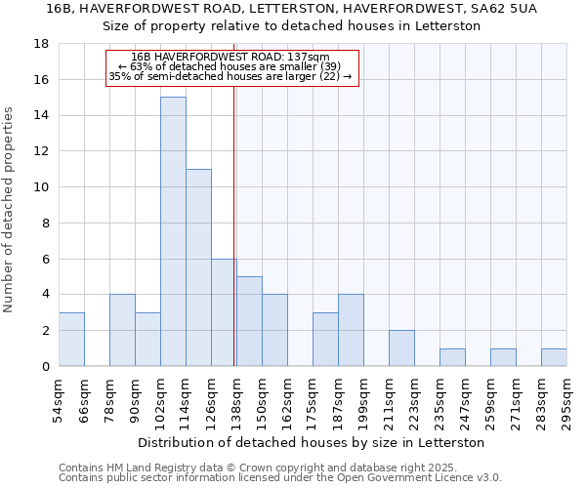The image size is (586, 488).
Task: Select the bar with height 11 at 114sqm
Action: [198, 267]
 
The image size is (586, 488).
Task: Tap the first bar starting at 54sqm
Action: [71, 339]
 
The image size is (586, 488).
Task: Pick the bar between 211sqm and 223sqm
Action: [401, 348]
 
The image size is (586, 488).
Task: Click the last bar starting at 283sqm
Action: [554, 357]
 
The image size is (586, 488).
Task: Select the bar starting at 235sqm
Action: [452, 357]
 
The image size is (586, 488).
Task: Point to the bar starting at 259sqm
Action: [503, 357]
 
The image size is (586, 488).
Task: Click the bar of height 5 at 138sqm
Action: [249, 321]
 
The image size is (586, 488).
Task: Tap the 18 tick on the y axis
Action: [42, 44]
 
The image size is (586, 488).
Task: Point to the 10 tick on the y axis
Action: [42, 187]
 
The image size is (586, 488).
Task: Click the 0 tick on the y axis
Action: [45, 367]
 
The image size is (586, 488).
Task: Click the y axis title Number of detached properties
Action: [10, 210]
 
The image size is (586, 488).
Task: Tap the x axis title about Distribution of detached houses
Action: [313, 442]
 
